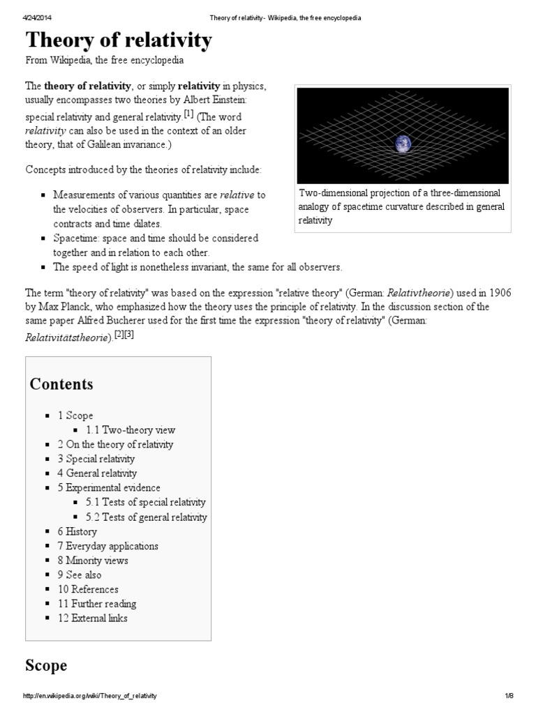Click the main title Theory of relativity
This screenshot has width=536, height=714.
(x=119, y=41)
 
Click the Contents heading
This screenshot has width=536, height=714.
(x=61, y=384)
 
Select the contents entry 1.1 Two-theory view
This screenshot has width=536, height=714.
(x=131, y=430)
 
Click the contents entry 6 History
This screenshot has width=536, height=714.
(x=77, y=531)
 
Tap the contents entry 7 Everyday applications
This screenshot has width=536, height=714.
(x=108, y=546)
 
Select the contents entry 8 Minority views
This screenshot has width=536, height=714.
(x=93, y=561)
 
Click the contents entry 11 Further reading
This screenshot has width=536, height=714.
(x=97, y=604)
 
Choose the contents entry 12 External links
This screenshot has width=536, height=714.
(x=93, y=618)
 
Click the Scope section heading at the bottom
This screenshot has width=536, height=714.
(x=46, y=666)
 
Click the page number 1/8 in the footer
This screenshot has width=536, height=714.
(x=509, y=697)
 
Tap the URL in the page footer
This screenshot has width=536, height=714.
(x=91, y=697)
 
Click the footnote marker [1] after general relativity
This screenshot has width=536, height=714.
(x=188, y=114)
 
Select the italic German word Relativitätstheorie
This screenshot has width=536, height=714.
(x=67, y=337)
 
